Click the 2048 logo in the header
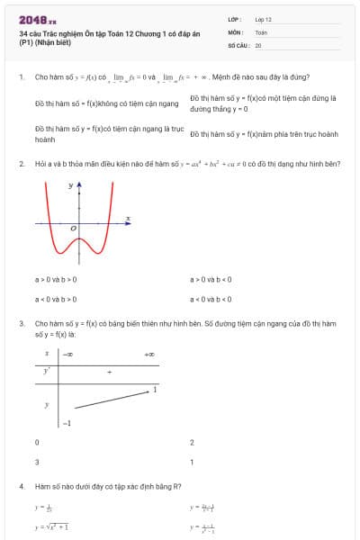(x=37, y=19)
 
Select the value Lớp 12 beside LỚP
(x=263, y=18)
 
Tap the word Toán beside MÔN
(x=261, y=31)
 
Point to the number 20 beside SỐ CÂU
(x=258, y=44)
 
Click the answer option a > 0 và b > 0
(x=56, y=279)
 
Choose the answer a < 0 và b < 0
(x=211, y=299)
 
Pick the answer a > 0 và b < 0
(x=211, y=279)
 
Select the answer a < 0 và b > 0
(x=56, y=299)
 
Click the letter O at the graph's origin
(x=74, y=229)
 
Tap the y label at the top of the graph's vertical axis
(x=70, y=185)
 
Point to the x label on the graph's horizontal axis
(x=128, y=218)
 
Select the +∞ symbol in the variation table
(x=148, y=355)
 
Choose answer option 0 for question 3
(x=37, y=443)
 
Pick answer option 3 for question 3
(x=37, y=462)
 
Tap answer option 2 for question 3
(x=192, y=443)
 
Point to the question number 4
(x=21, y=487)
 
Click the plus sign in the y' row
(x=109, y=371)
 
